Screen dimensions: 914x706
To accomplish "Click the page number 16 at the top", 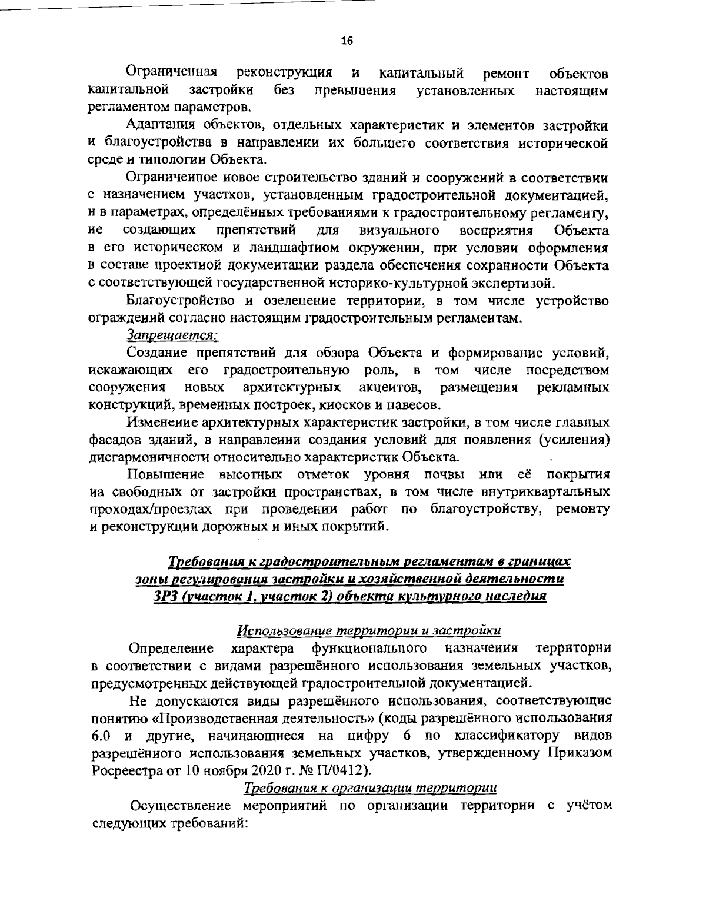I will click(347, 41).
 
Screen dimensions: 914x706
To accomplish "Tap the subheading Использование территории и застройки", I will click(369, 631).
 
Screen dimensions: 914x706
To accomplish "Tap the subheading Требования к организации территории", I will click(370, 787).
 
